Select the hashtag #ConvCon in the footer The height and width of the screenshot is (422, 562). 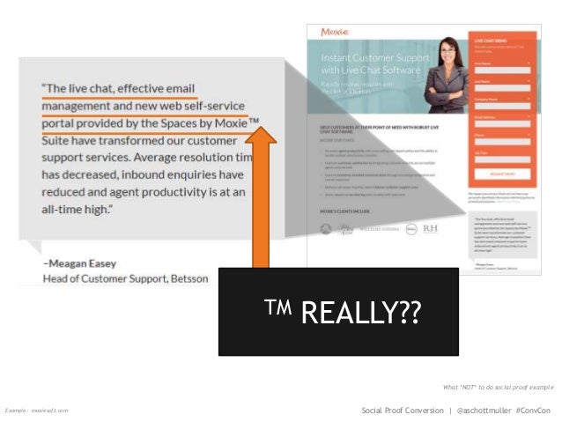532,411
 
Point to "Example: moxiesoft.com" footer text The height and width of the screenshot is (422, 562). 36,411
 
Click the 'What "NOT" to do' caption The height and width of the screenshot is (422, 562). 499,388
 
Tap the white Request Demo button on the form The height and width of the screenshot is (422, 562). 503,174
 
